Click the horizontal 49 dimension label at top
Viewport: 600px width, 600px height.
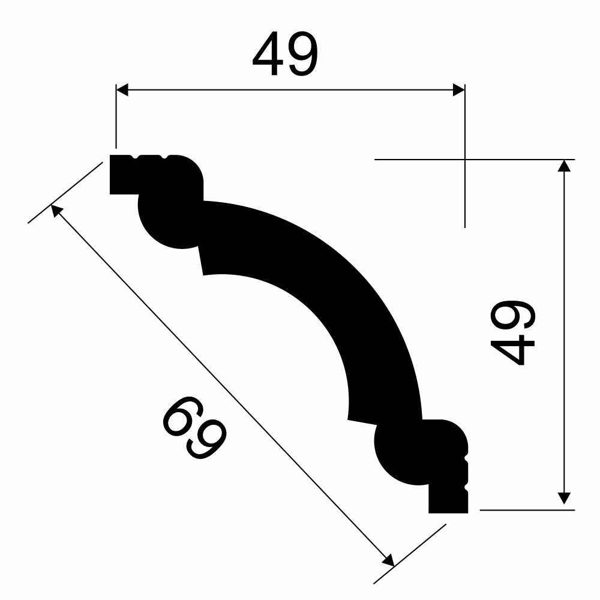tap(285, 53)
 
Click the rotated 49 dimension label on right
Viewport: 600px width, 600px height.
tap(512, 332)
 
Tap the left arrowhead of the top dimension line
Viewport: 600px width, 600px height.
tap(122, 90)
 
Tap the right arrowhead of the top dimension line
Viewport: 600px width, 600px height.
tap(459, 90)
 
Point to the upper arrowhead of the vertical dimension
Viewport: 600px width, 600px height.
tap(564, 166)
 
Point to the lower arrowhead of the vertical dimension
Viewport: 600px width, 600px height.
tap(564, 498)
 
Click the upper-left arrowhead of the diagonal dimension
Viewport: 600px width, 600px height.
tap(56, 211)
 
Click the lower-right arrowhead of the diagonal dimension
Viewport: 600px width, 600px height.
tap(388, 560)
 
